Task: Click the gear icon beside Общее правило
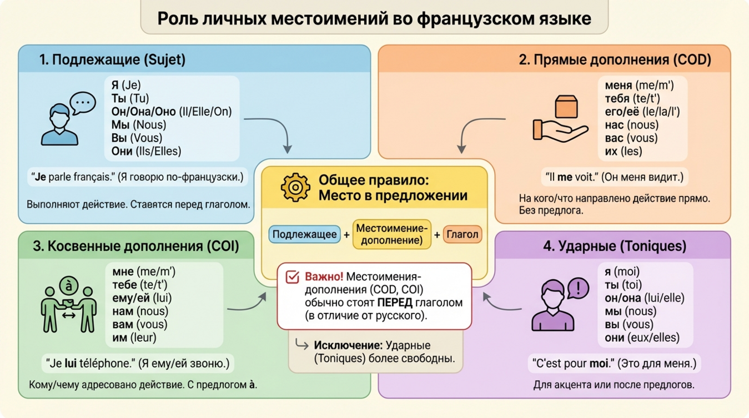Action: click(295, 187)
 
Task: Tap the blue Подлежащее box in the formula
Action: click(305, 234)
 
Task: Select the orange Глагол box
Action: click(462, 234)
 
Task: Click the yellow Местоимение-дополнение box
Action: click(392, 234)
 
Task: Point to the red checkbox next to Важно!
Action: click(292, 277)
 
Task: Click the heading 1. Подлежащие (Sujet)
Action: click(112, 59)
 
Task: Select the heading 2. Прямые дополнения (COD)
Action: click(615, 59)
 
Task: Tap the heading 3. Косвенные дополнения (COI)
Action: click(136, 246)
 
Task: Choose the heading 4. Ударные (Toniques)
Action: click(615, 246)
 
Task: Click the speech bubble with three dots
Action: click(83, 103)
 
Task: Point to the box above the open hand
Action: click(566, 107)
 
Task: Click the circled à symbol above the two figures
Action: click(69, 286)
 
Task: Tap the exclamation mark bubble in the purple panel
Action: click(579, 288)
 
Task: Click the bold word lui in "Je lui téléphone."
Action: click(71, 364)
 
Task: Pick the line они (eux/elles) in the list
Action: click(642, 338)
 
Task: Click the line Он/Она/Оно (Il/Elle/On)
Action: click(172, 112)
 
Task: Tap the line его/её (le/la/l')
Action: click(642, 112)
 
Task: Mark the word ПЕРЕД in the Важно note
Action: click(395, 303)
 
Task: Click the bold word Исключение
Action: click(348, 345)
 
